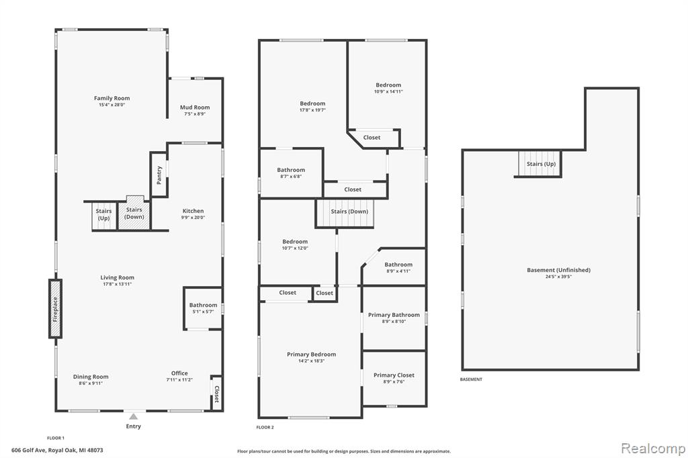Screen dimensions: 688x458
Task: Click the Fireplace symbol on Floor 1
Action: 55,309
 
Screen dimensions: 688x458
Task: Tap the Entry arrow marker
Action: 134,416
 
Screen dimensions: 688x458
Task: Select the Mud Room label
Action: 195,107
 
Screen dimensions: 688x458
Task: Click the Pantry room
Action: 159,175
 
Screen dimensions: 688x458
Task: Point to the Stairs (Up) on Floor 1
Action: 104,216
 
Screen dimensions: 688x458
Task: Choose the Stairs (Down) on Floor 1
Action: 134,213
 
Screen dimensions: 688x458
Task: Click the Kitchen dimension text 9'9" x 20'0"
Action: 193,218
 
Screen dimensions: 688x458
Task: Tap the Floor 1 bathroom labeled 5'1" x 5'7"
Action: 203,308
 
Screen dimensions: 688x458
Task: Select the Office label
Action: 179,373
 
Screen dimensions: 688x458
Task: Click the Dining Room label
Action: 91,376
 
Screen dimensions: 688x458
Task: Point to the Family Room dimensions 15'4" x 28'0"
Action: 112,105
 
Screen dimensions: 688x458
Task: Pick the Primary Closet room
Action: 394,378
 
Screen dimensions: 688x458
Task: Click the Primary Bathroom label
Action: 394,314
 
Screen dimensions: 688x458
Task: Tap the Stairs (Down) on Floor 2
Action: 345,214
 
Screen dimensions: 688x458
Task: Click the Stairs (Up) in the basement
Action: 540,164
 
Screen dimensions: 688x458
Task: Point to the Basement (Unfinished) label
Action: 558,270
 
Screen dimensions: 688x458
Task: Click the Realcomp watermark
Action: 653,449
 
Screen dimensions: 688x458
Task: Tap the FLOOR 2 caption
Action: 265,427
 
